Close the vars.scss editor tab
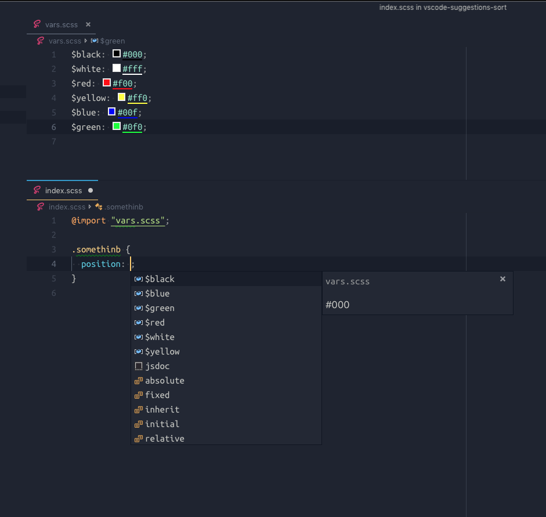pyautogui.click(x=88, y=24)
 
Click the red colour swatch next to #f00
pyautogui.click(x=107, y=83)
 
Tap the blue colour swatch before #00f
pyautogui.click(x=112, y=111)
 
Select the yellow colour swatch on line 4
pyautogui.click(x=122, y=97)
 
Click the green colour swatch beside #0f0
pyautogui.click(x=117, y=126)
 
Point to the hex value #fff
pyautogui.click(x=132, y=69)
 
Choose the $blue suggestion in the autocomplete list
pyautogui.click(x=157, y=294)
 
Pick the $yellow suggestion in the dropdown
pyautogui.click(x=162, y=352)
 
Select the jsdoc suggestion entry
pyautogui.click(x=157, y=366)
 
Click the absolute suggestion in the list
pyautogui.click(x=164, y=381)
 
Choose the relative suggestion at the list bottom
pyautogui.click(x=164, y=439)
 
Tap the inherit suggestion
pyautogui.click(x=162, y=410)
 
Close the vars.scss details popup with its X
pyautogui.click(x=502, y=279)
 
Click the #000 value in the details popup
pyautogui.click(x=338, y=305)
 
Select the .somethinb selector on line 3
pyautogui.click(x=96, y=250)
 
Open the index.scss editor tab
pyautogui.click(x=63, y=190)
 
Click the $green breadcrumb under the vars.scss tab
pyautogui.click(x=112, y=41)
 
